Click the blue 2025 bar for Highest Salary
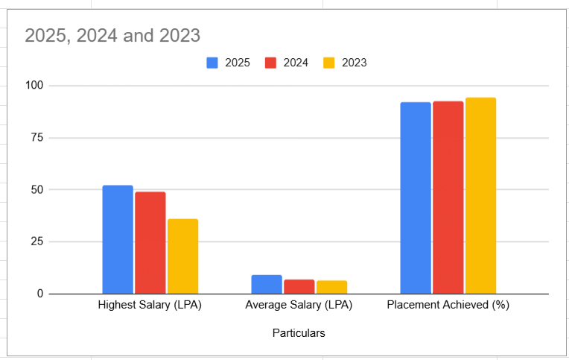pyautogui.click(x=118, y=239)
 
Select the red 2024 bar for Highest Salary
pyautogui.click(x=150, y=243)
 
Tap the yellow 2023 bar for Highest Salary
pyautogui.click(x=182, y=256)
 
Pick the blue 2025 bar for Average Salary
pyautogui.click(x=267, y=285)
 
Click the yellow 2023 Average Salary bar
pyautogui.click(x=331, y=287)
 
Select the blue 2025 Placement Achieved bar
pyautogui.click(x=416, y=198)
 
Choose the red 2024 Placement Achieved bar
pyautogui.click(x=448, y=198)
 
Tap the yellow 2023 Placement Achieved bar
pyautogui.click(x=480, y=196)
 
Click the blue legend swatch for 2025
pyautogui.click(x=212, y=63)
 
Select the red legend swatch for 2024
pyautogui.click(x=270, y=63)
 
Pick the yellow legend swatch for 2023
pyautogui.click(x=328, y=63)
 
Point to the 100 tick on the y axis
pyautogui.click(x=34, y=86)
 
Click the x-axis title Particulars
pyautogui.click(x=299, y=333)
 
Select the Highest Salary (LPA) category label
pyautogui.click(x=150, y=306)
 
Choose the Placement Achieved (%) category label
pyautogui.click(x=448, y=306)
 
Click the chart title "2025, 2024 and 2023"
pyautogui.click(x=112, y=35)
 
